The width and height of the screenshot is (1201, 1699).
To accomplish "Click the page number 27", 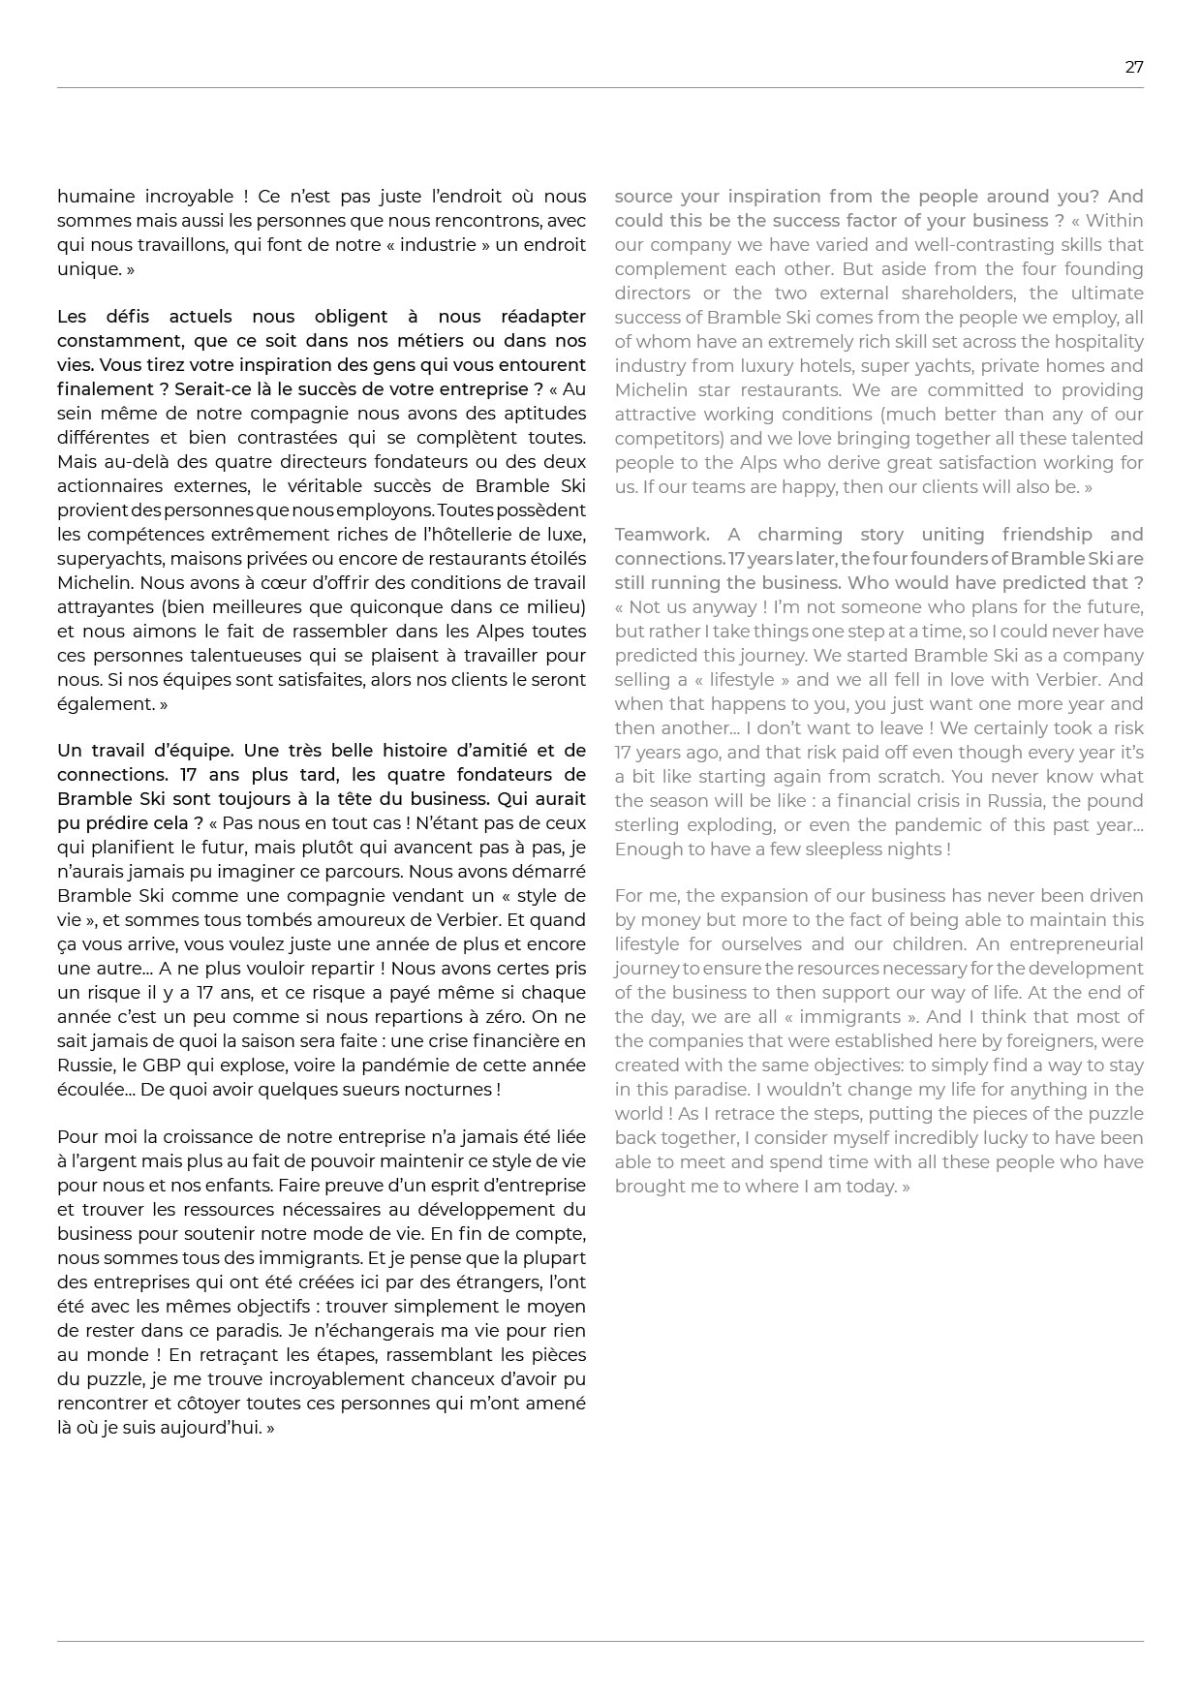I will click(x=1133, y=67).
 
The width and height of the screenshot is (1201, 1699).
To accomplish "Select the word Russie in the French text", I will click(x=84, y=1066).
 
